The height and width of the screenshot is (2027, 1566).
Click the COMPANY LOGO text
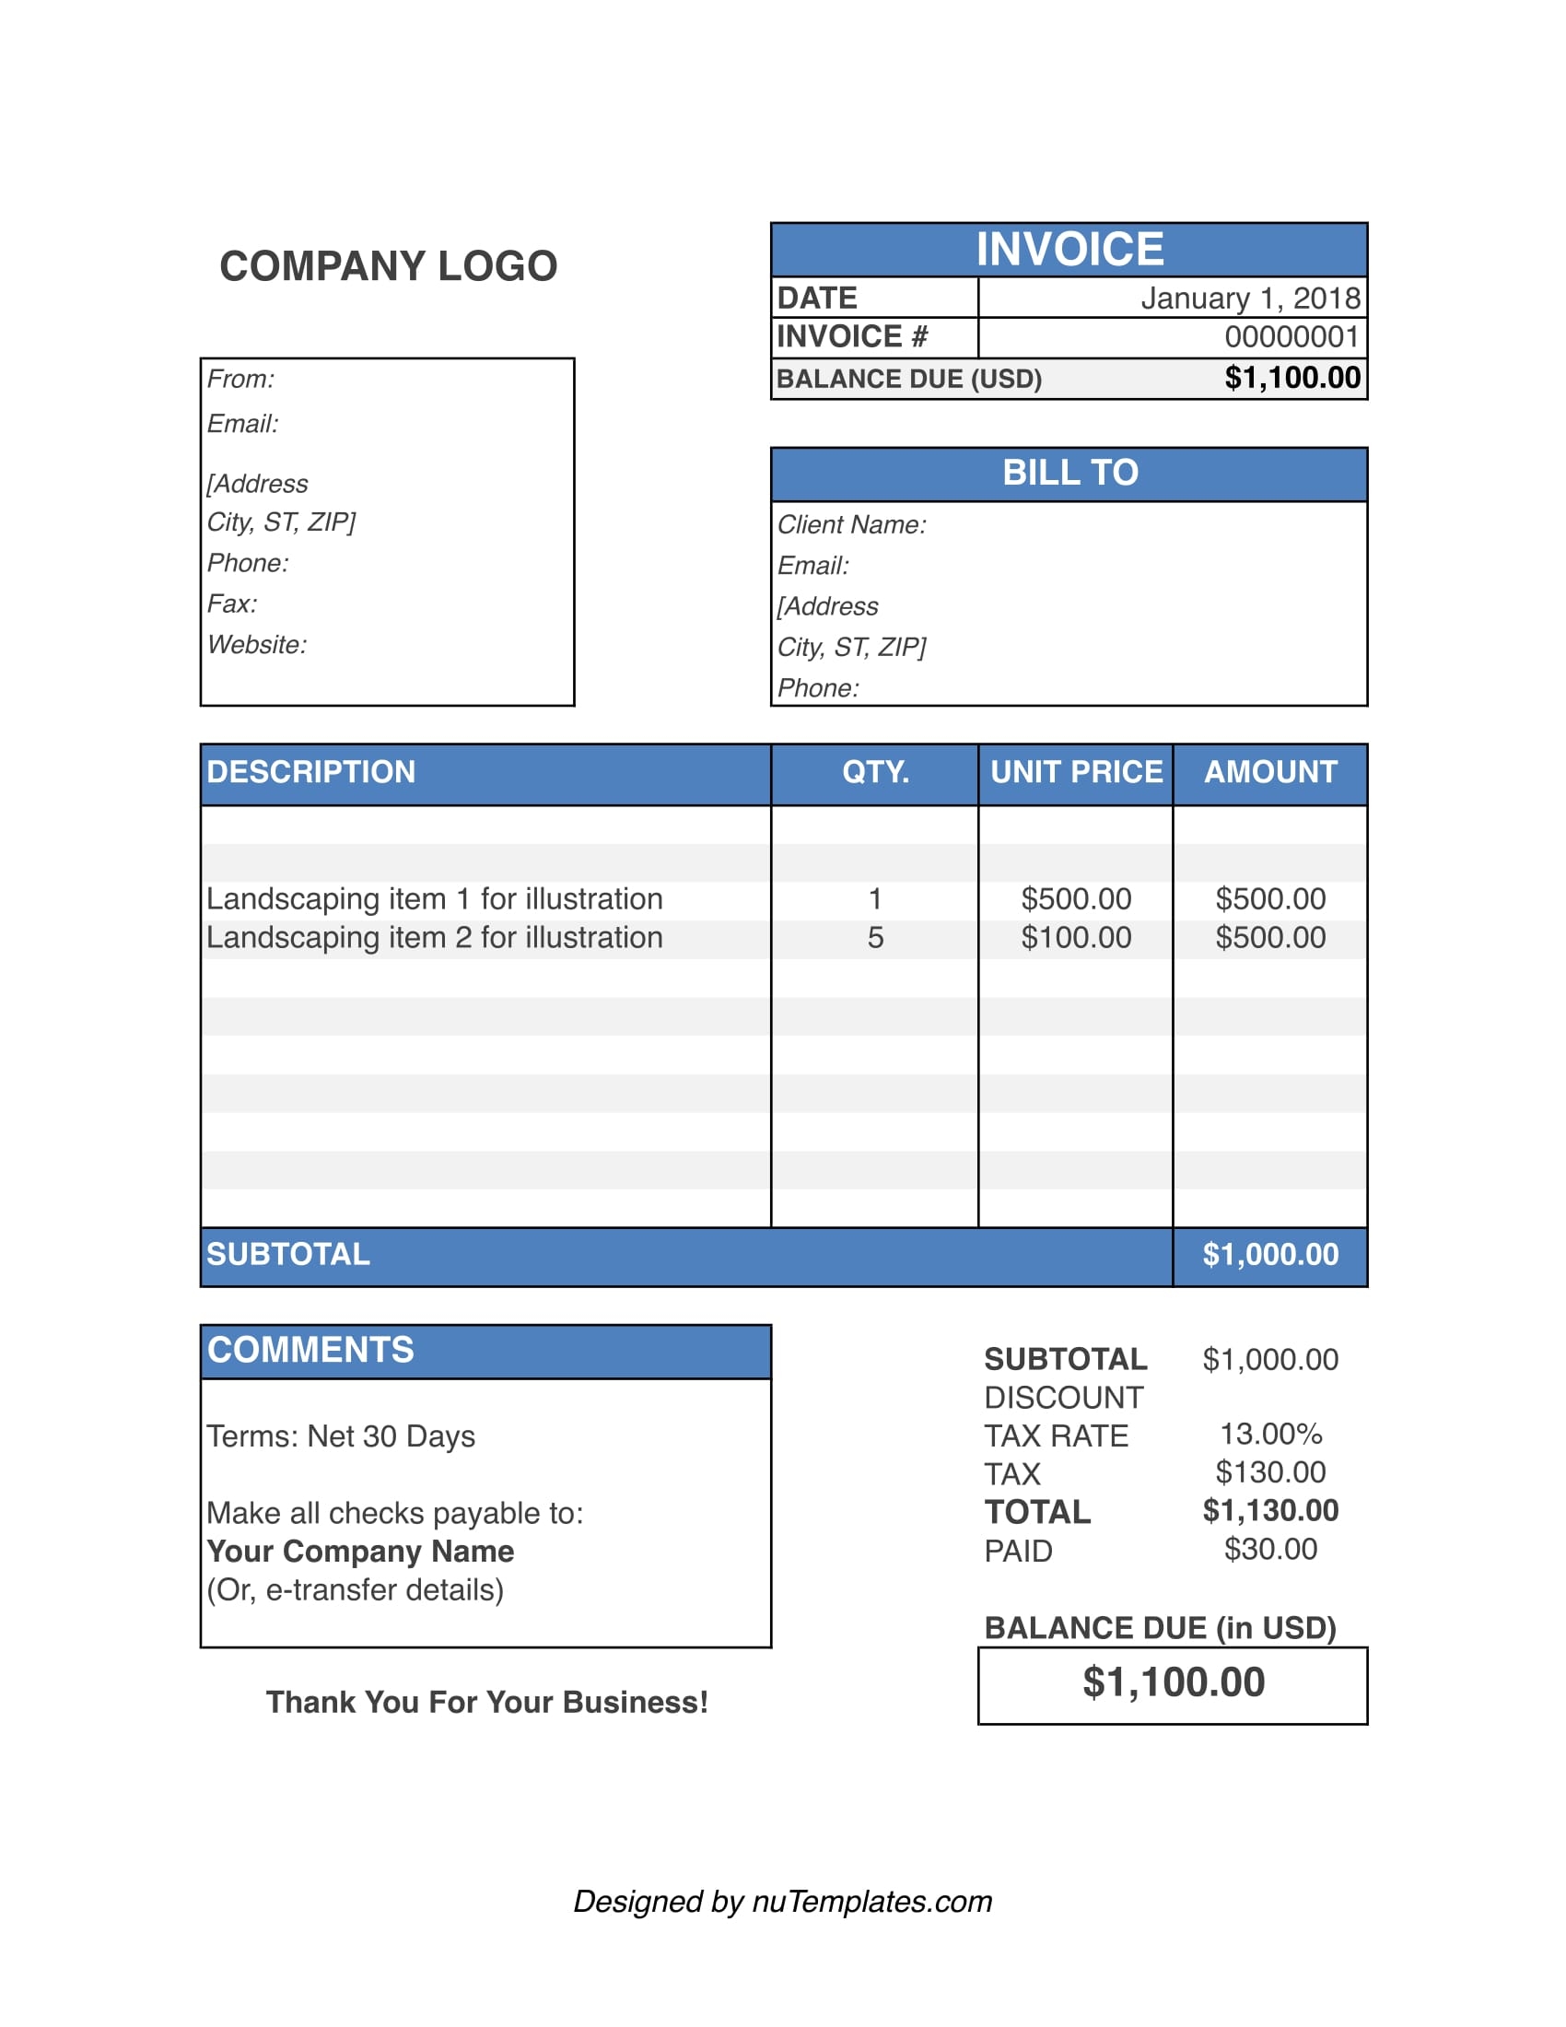point(388,266)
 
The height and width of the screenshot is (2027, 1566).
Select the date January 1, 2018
point(1250,298)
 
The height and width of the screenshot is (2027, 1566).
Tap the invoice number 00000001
point(1291,337)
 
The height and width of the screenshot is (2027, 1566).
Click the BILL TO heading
point(1069,474)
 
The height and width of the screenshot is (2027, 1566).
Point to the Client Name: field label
point(852,525)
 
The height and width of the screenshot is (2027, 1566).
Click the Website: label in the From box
point(257,645)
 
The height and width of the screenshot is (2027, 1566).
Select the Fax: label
point(232,604)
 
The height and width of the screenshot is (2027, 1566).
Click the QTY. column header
point(875,772)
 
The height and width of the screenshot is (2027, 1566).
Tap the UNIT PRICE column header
point(1076,772)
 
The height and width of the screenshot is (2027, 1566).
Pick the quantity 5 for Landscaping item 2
point(875,938)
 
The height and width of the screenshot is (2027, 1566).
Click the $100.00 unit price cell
point(1076,938)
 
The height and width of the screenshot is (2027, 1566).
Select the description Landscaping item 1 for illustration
point(434,899)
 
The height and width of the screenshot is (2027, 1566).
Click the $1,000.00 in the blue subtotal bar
point(1270,1255)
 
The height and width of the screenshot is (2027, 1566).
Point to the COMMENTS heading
point(310,1351)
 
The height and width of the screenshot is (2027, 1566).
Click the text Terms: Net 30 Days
point(341,1436)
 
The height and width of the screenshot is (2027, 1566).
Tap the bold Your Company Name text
point(360,1552)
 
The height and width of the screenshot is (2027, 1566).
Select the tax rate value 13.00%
point(1270,1435)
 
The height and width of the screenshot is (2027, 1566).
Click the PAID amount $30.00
point(1270,1550)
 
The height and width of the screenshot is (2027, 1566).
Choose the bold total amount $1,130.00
point(1270,1511)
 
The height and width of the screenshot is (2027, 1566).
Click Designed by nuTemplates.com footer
point(782,1902)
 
